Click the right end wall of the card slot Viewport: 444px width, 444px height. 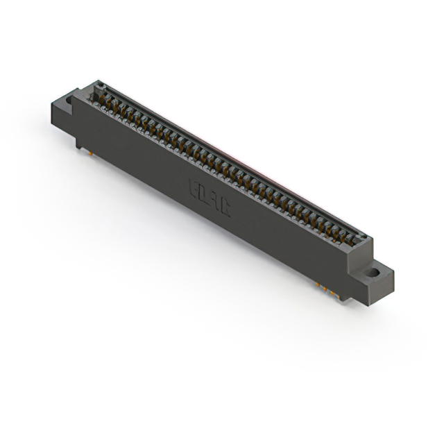pyautogui.click(x=366, y=242)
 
